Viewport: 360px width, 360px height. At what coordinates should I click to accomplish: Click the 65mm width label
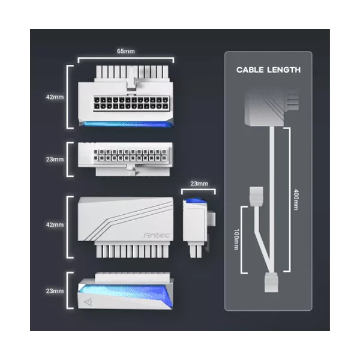126,51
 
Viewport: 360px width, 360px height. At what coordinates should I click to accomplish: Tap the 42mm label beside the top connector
55,97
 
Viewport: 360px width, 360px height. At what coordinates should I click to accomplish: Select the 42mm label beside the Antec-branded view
55,224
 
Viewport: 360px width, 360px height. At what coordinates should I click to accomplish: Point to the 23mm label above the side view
199,184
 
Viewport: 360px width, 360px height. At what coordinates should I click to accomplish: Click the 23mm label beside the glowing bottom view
55,291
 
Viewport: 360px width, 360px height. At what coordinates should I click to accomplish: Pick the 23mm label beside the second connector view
55,159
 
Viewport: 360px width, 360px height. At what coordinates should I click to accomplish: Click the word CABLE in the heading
250,70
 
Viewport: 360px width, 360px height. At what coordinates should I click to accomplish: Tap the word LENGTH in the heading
284,70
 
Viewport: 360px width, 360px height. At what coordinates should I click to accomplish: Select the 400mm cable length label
296,200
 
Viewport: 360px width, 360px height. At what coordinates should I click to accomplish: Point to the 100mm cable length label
236,239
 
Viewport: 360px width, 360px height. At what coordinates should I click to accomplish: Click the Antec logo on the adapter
157,235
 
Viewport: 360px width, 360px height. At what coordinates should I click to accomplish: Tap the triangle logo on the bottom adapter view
88,302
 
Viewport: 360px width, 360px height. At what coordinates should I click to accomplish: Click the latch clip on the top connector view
131,79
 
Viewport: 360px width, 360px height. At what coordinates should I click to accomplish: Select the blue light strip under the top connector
126,124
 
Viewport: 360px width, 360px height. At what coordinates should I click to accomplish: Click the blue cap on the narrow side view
196,201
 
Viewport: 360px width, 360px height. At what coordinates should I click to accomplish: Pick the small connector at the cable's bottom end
271,282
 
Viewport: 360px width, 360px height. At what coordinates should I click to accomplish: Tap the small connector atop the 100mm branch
256,196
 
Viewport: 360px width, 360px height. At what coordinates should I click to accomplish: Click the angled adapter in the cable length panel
272,107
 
